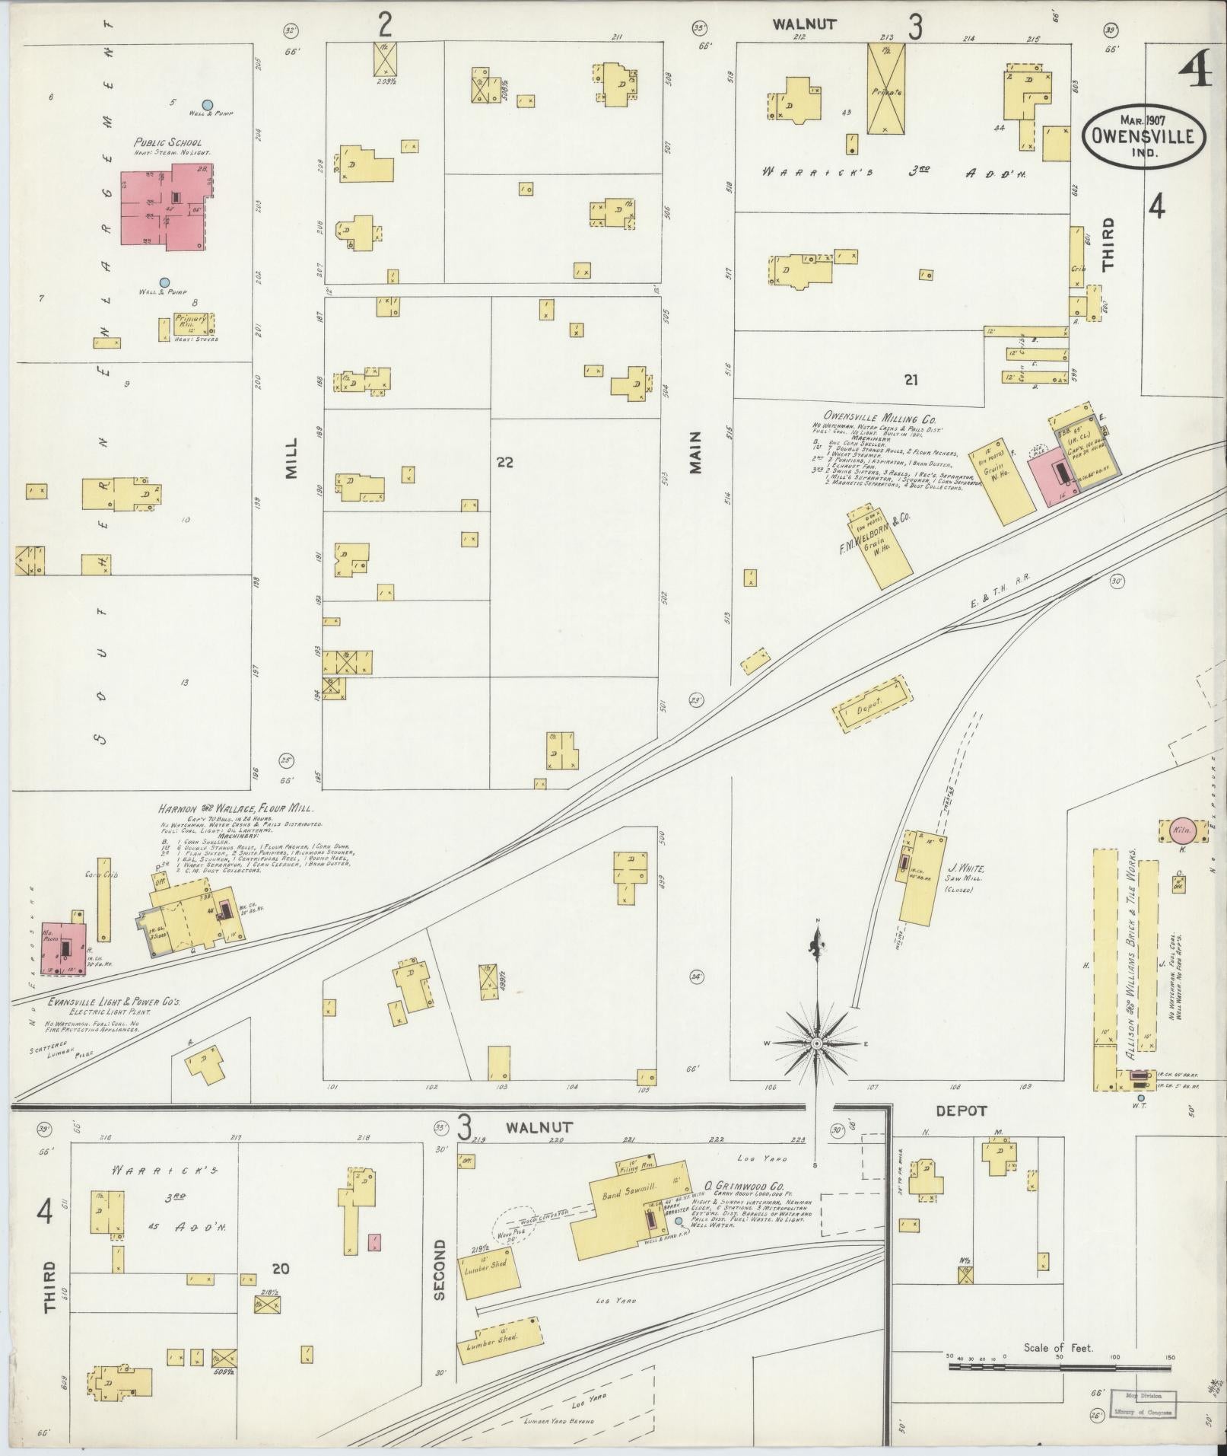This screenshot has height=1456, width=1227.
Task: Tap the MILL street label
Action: pos(292,457)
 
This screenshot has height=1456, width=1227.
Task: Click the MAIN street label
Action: pos(695,453)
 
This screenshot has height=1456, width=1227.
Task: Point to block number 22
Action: pos(504,461)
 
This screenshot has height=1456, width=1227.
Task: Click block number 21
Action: pos(911,380)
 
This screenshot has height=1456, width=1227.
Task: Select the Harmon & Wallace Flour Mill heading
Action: pos(235,809)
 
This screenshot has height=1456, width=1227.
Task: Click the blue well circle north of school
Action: pos(206,104)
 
